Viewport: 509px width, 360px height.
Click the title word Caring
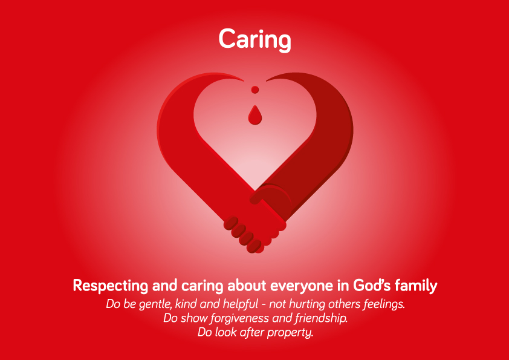tap(255, 39)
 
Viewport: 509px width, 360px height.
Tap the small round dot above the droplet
tap(255, 90)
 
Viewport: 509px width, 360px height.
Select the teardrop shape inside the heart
tap(255, 116)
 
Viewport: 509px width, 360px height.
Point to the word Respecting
tap(111, 286)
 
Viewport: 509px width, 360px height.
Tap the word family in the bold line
tap(416, 286)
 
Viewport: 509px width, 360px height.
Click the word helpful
tap(241, 304)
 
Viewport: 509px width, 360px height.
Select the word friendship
tap(322, 318)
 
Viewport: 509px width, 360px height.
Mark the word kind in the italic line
tap(186, 304)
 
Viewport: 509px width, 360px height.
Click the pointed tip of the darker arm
tap(267, 80)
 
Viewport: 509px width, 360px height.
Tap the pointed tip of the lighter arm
tap(244, 80)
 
